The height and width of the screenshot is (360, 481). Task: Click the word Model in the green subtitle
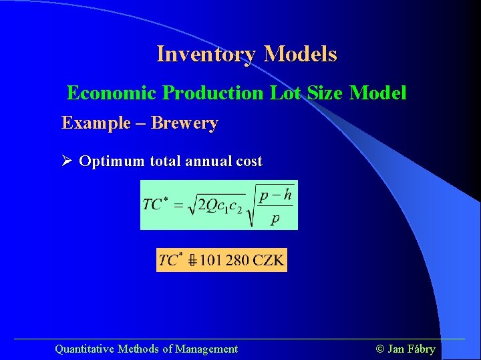pos(378,93)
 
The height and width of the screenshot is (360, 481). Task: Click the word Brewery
pos(184,123)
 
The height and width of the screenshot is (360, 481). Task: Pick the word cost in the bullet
pos(247,161)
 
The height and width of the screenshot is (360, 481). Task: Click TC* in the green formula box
pos(155,203)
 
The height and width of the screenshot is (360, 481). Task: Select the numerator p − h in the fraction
pos(276,195)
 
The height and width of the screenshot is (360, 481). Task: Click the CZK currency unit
pos(269,260)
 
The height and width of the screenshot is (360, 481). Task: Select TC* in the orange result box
pos(170,260)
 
